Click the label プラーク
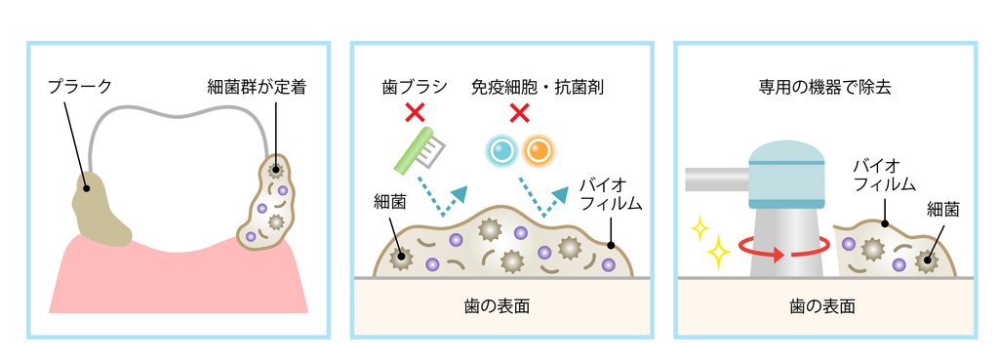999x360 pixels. coord(80,87)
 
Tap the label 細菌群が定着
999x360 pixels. coord(257,87)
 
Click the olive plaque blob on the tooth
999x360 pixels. coord(101,210)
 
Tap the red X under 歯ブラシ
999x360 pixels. coord(416,114)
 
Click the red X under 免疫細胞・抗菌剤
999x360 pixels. coord(520,114)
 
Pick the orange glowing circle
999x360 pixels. coord(539,151)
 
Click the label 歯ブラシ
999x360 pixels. coord(416,87)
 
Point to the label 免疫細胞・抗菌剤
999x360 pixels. coord(538,87)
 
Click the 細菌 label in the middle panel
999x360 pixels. coord(388,203)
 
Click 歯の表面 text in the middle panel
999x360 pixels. coord(497,306)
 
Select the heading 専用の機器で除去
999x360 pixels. coord(825,87)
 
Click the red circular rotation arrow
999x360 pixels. coord(784,254)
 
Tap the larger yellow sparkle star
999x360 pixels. coord(718,253)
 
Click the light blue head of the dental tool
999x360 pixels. coord(785,174)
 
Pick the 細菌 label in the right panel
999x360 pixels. coord(943,209)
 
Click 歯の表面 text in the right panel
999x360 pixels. coord(821,306)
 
